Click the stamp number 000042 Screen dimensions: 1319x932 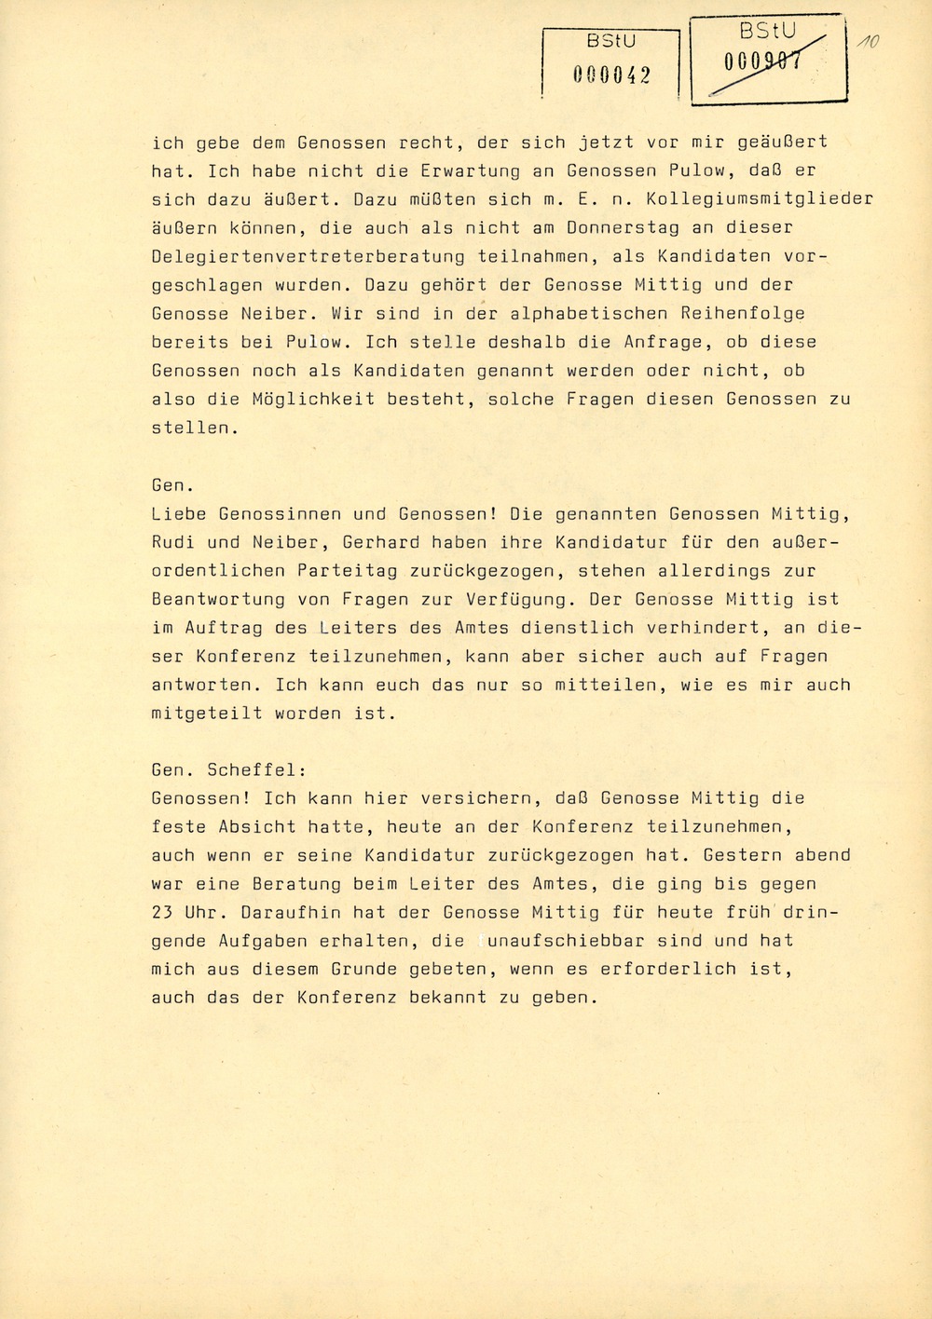[611, 77]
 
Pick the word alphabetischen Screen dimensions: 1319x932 [487, 313]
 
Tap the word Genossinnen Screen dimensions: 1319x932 [281, 513]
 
